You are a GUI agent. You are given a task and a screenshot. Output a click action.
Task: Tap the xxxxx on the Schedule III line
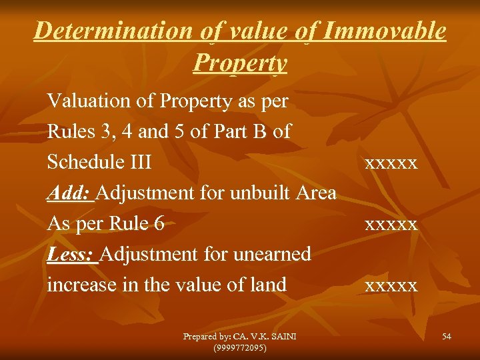[x=391, y=163]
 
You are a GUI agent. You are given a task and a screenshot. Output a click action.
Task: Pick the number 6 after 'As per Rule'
[x=159, y=223]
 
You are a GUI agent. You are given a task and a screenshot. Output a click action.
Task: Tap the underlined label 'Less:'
[x=73, y=254]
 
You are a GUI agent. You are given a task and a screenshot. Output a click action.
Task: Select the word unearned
[x=271, y=254]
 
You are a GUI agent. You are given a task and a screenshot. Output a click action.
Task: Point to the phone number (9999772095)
[x=240, y=347]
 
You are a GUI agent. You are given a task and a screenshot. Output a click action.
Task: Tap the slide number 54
[x=446, y=337]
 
